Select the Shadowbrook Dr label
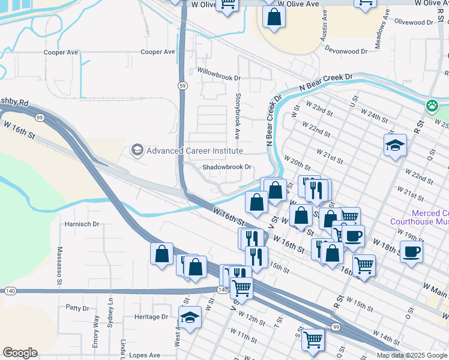coord(226,167)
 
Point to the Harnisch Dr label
coord(83,224)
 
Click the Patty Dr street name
coord(77,308)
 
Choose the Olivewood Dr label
coord(414,22)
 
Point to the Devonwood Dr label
coord(348,52)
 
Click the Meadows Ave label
coord(382,31)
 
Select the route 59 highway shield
coord(181,86)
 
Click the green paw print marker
coord(432,106)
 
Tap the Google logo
coord(20,353)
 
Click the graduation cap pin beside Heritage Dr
coord(190,317)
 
